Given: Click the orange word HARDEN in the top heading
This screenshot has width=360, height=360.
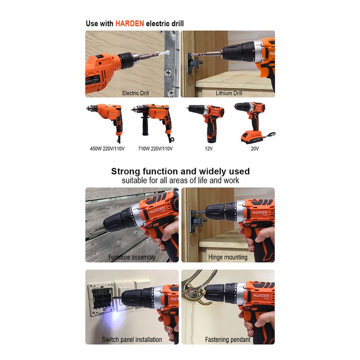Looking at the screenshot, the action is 130,23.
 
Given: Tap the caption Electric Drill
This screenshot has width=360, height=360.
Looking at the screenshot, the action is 135,93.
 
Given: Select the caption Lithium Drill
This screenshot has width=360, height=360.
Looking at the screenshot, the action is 229,93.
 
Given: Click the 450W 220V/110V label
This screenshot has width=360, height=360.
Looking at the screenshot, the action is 107,149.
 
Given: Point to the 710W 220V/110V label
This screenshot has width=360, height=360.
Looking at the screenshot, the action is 155,149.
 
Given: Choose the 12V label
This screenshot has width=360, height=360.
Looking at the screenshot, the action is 208,149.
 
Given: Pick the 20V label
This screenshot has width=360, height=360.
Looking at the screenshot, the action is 255,149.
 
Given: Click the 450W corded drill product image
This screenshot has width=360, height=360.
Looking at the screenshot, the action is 106,121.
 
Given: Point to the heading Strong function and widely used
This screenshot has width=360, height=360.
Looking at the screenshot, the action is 180,171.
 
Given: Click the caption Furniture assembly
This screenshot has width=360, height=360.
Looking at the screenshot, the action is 132,257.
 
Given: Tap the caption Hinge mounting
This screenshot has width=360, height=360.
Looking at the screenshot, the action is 228,257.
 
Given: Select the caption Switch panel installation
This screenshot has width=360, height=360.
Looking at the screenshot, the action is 132,340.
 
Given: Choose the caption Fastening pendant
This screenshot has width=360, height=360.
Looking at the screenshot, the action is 228,340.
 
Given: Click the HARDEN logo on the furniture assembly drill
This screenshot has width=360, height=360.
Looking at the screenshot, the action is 157,210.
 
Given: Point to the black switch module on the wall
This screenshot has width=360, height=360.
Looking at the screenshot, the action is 101,298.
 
